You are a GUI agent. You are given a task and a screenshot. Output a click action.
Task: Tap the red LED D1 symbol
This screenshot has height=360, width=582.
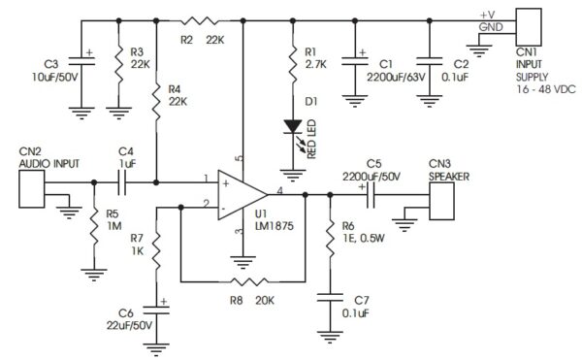291,126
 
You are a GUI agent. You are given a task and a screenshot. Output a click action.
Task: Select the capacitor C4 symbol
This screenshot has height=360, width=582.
124,180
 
